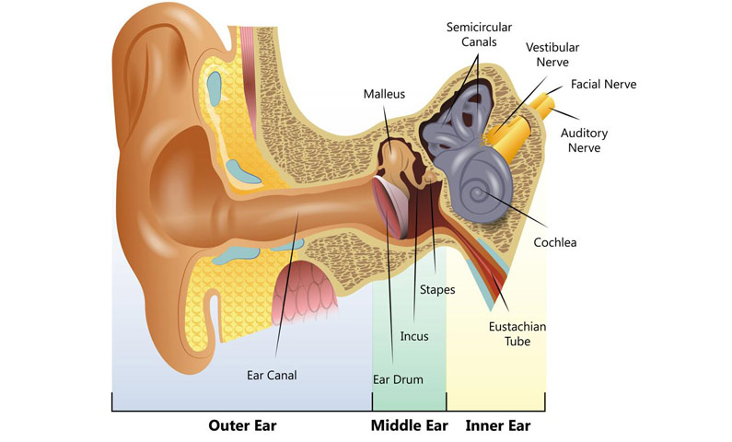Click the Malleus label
click(x=384, y=94)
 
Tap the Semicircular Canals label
click(x=479, y=35)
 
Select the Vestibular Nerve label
click(x=552, y=54)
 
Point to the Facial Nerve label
click(x=604, y=84)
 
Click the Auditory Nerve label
click(x=584, y=141)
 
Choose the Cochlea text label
click(x=555, y=242)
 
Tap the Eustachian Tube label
click(x=517, y=333)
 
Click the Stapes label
click(x=437, y=290)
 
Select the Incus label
click(x=414, y=336)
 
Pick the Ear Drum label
click(x=398, y=379)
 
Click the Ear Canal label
click(x=272, y=376)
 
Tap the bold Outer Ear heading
click(x=242, y=425)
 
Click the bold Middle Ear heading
click(x=410, y=425)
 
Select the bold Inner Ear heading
click(x=497, y=425)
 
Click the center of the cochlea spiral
click(x=477, y=192)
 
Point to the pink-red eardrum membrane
click(x=389, y=206)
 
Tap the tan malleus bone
click(x=397, y=158)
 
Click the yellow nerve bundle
click(x=518, y=126)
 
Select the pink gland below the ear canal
click(x=304, y=290)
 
